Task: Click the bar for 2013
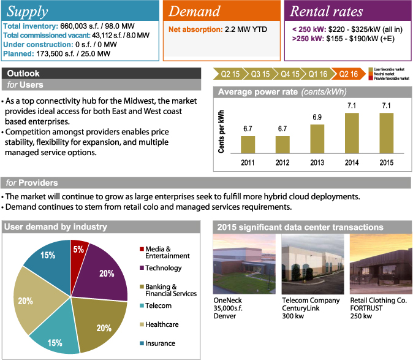(317, 139)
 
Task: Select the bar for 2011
(248, 144)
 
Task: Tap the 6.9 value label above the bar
(317, 117)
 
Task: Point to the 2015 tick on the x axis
(386, 163)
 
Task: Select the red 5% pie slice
(79, 251)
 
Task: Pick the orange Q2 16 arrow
(348, 74)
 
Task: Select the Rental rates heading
(327, 12)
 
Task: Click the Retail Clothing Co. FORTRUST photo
(378, 263)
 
